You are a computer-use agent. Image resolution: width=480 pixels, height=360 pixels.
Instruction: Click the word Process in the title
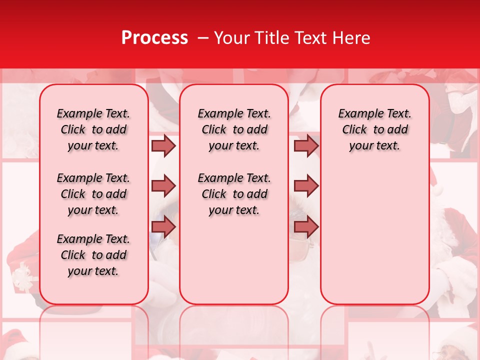pyautogui.click(x=154, y=38)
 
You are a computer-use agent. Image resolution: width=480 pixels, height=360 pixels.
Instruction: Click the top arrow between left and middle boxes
pyautogui.click(x=163, y=145)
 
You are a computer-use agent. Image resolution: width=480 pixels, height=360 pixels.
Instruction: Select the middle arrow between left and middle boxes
pyautogui.click(x=163, y=186)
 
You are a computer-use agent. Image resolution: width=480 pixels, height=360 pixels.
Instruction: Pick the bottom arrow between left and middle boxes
pyautogui.click(x=163, y=226)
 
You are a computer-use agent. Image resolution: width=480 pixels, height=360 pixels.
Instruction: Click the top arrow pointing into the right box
pyautogui.click(x=306, y=145)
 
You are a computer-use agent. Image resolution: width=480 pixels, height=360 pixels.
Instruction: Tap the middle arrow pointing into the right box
pyautogui.click(x=306, y=186)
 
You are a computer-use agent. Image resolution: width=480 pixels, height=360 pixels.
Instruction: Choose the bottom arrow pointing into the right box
pyautogui.click(x=306, y=226)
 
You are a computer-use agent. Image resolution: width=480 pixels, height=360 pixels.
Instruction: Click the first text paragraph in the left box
pyautogui.click(x=93, y=129)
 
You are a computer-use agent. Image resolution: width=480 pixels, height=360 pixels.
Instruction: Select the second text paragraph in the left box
pyautogui.click(x=93, y=194)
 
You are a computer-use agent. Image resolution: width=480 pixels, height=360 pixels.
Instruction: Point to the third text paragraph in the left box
pyautogui.click(x=93, y=255)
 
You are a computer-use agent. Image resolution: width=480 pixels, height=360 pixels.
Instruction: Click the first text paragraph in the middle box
pyautogui.click(x=234, y=129)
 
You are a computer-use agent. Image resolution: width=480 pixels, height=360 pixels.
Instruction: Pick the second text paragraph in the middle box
pyautogui.click(x=234, y=194)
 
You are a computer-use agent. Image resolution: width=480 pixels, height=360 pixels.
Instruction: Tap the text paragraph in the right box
pyautogui.click(x=374, y=129)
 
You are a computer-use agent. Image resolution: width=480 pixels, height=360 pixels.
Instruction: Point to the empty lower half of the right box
pyautogui.click(x=374, y=235)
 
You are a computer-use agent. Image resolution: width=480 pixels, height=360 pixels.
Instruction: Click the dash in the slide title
pyautogui.click(x=203, y=38)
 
